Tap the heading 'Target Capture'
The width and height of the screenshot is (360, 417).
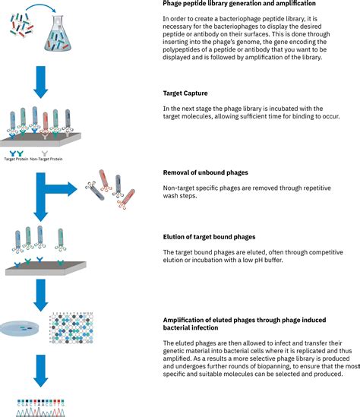(x=185, y=93)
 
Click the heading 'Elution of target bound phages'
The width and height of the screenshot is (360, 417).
(x=215, y=238)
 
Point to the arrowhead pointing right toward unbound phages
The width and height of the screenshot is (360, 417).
(x=76, y=188)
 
